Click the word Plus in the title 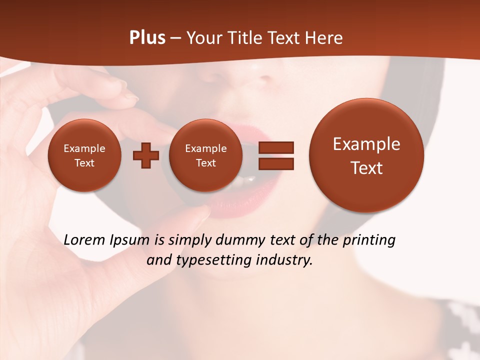147,38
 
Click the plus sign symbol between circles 145,155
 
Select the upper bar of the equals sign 275,147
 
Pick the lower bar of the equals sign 275,163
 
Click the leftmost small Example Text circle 84,155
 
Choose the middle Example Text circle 206,155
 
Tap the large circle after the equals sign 366,155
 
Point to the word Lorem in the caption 85,240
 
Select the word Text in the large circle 366,168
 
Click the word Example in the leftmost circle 84,148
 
